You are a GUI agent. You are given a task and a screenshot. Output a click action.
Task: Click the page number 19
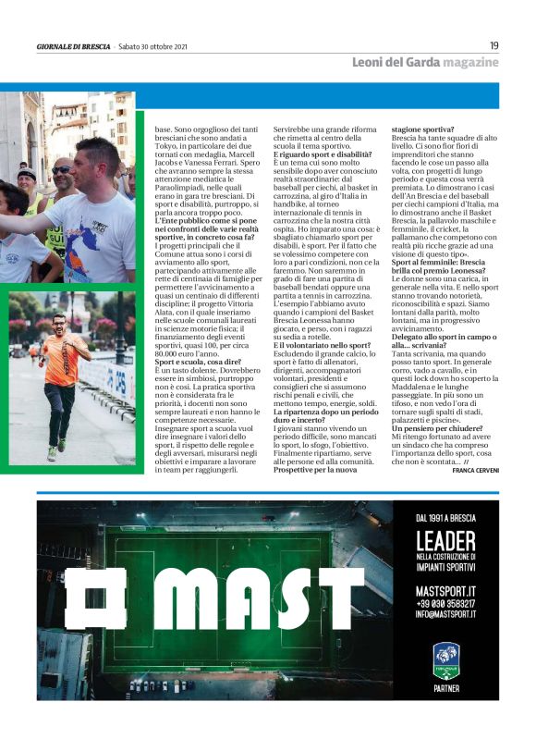pyautogui.click(x=494, y=45)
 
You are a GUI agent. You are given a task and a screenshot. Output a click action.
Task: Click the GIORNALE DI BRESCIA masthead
pyautogui.click(x=73, y=46)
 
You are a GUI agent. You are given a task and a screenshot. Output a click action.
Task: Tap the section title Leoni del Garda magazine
pyautogui.click(x=425, y=62)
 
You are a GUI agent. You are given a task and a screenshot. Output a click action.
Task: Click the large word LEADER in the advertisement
pyautogui.click(x=445, y=539)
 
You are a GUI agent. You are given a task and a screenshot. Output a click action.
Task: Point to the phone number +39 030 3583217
pyautogui.click(x=445, y=602)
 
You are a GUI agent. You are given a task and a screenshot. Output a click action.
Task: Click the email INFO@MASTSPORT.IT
pyautogui.click(x=445, y=613)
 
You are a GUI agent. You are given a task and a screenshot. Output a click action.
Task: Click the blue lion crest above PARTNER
pyautogui.click(x=445, y=659)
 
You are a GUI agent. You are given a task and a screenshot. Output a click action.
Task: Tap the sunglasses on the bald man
pyautogui.click(x=61, y=170)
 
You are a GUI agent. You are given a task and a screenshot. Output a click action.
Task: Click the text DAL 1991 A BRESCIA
pyautogui.click(x=445, y=519)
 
